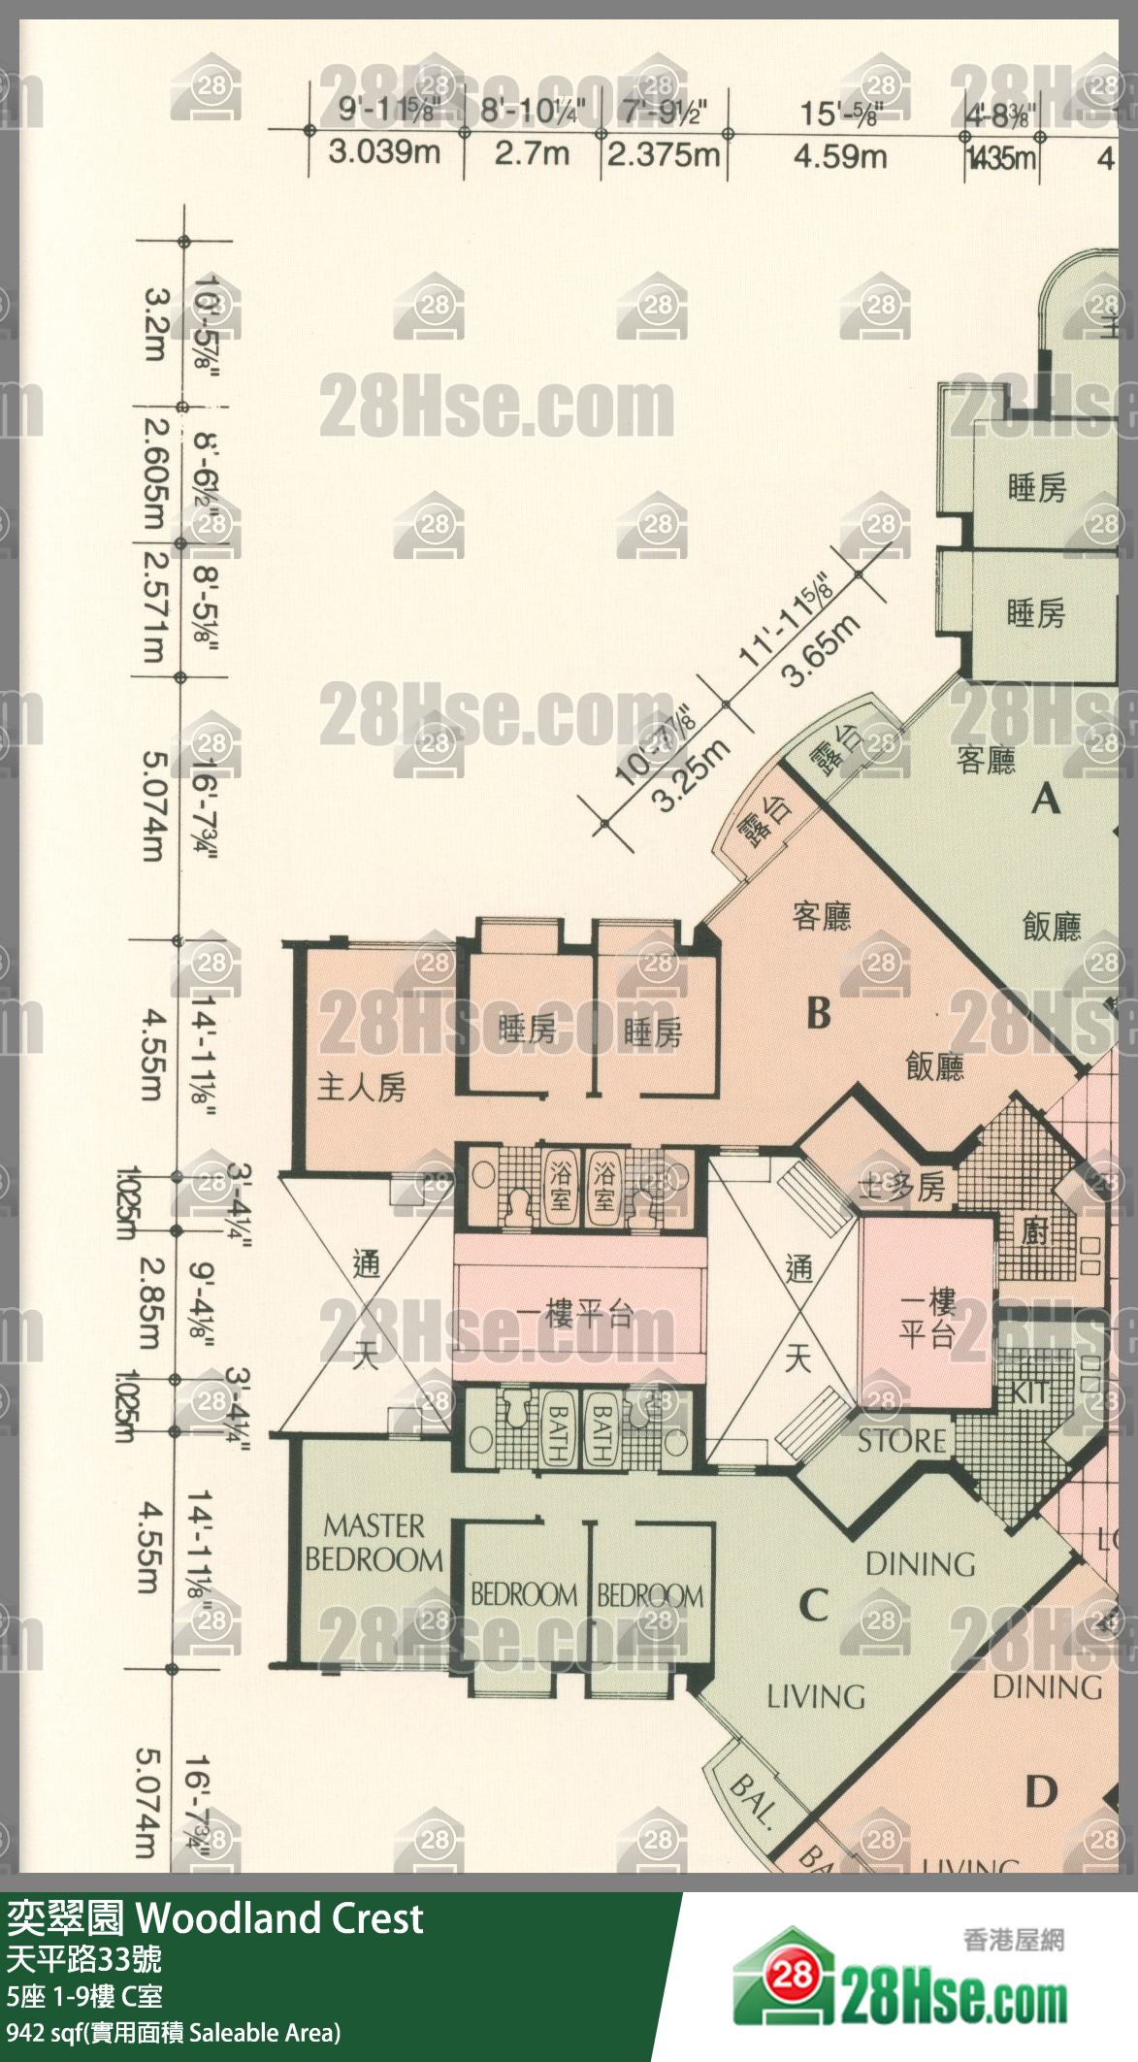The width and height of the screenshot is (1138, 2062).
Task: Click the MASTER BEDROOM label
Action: [374, 1542]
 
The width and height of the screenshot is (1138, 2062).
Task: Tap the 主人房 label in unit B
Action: [361, 1087]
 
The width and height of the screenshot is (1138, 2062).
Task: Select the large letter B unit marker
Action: [819, 1013]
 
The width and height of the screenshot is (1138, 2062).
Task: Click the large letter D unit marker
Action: [1040, 1791]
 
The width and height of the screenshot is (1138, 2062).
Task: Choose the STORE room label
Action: [901, 1440]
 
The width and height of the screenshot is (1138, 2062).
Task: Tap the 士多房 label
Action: [901, 1187]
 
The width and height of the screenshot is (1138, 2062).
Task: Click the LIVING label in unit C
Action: [816, 1697]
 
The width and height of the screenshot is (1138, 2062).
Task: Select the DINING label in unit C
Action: [920, 1564]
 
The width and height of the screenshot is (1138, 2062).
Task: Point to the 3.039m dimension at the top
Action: [384, 152]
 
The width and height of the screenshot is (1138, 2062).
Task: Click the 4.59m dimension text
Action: [840, 155]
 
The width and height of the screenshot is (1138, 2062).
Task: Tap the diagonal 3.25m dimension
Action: [691, 774]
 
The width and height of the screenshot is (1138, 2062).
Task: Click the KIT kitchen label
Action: [1028, 1392]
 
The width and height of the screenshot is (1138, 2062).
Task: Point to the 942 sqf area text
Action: [173, 2032]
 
